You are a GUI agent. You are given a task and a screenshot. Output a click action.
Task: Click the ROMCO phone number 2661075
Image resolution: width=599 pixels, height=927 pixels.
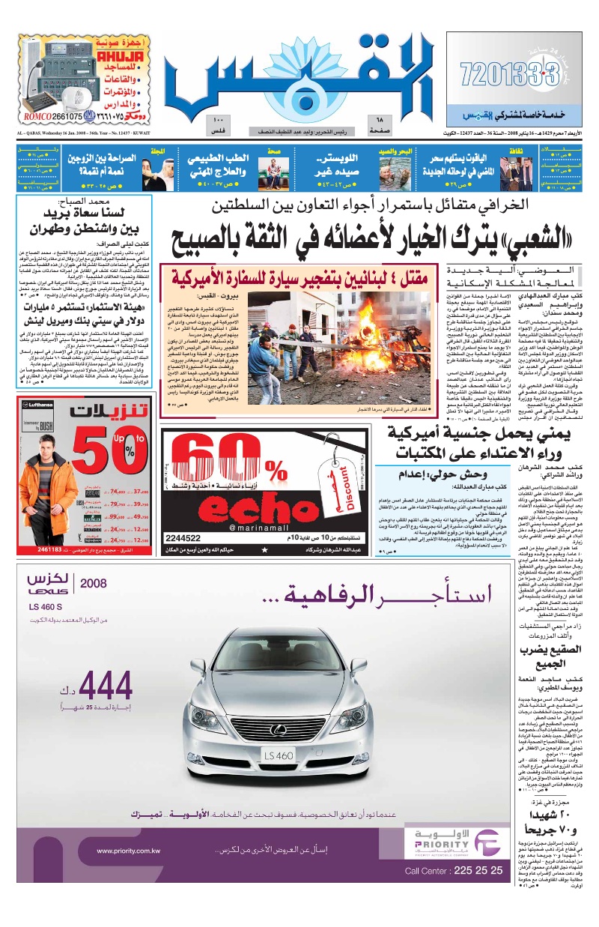pos(64,116)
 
